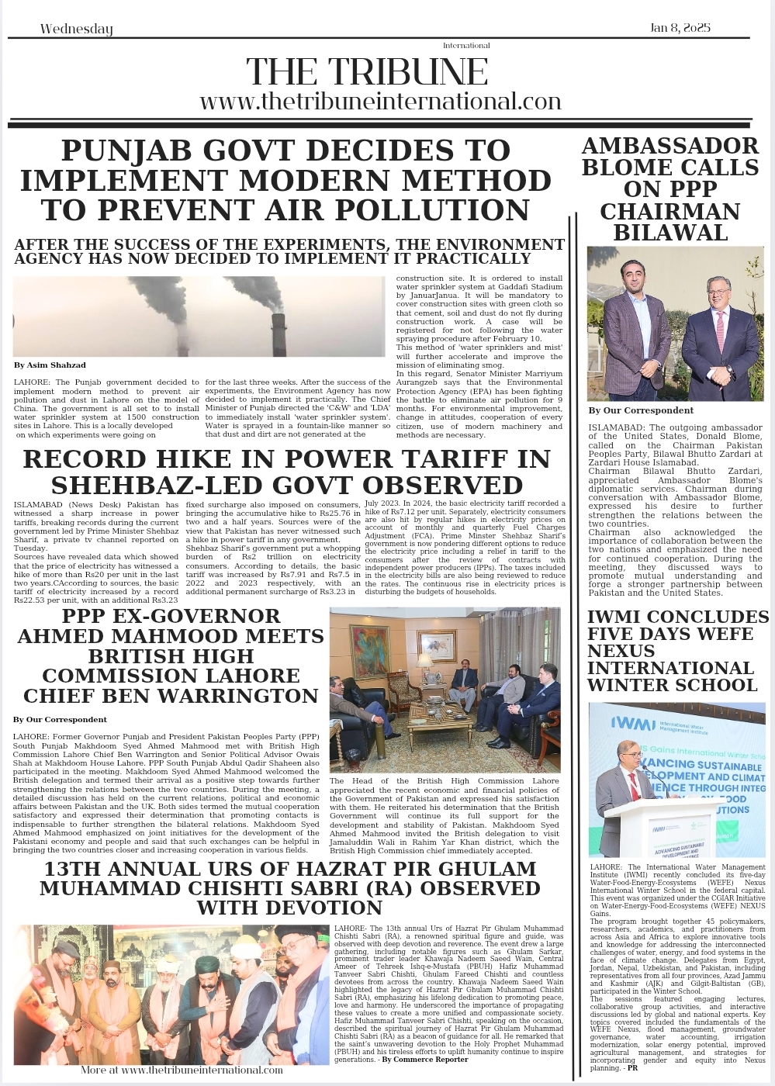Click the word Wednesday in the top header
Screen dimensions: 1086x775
click(x=76, y=29)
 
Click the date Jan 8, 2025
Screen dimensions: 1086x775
click(x=680, y=28)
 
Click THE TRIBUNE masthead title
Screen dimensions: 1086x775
click(x=367, y=73)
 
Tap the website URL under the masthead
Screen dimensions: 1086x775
click(x=380, y=102)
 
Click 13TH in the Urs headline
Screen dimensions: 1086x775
click(x=72, y=869)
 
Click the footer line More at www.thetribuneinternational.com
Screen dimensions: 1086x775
click(x=182, y=1070)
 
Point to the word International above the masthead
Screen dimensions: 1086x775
click(x=466, y=46)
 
